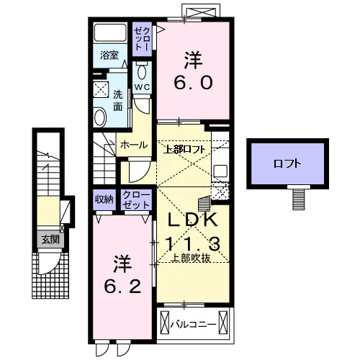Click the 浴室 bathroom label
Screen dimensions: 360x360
pos(109,55)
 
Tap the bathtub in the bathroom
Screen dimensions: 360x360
pos(110,33)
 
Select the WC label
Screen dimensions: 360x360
pos(142,87)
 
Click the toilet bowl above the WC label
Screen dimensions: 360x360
pos(142,71)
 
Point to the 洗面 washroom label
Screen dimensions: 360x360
pos(118,101)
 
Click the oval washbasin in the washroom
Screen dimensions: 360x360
pos(100,117)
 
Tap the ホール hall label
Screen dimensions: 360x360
pos(134,145)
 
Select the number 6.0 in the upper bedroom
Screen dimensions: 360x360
pos(193,82)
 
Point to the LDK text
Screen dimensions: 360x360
pos(193,220)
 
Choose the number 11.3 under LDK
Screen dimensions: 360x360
pos(193,243)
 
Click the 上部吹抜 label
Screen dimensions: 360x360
pos(191,258)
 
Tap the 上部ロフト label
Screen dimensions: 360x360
pos(184,150)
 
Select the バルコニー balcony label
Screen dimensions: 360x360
pos(194,325)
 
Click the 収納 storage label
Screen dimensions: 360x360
pos(104,199)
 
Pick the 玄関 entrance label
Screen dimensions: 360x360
pos(50,239)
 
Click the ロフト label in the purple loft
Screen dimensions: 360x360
pos(287,163)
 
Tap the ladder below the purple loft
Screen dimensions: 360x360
pos(299,199)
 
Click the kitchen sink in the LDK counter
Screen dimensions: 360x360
pos(220,171)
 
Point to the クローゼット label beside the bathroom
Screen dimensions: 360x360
pos(142,39)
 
